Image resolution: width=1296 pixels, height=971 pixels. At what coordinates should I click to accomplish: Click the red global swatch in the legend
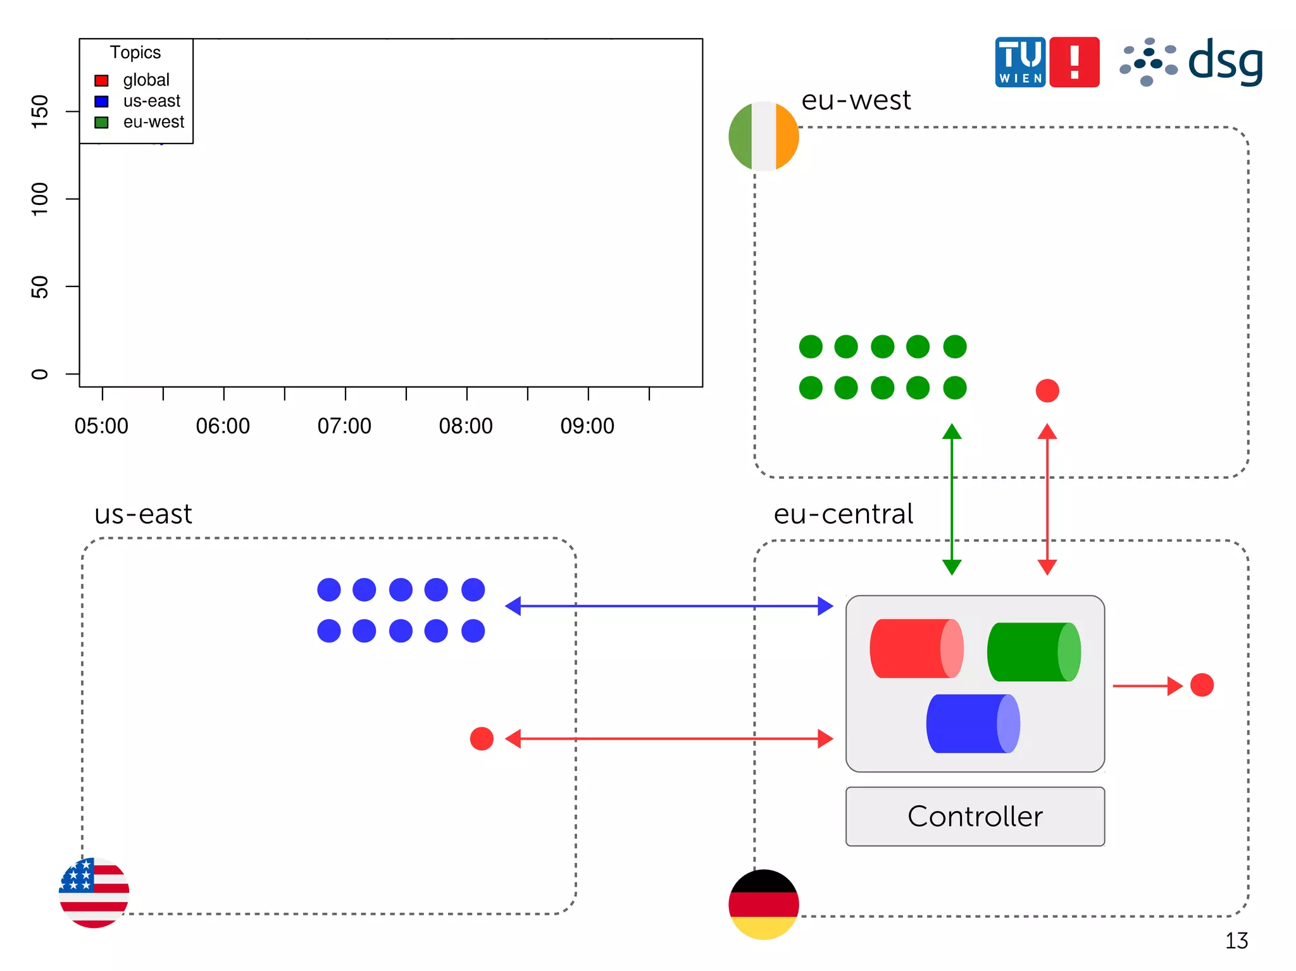point(101,80)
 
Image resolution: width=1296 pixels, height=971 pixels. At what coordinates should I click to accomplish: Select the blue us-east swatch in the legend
point(101,101)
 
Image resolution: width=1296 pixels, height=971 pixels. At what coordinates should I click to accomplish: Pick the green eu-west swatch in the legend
point(101,122)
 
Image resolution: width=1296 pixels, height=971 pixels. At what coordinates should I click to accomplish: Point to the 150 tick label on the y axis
point(39,111)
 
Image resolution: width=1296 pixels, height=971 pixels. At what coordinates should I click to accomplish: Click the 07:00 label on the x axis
point(344,426)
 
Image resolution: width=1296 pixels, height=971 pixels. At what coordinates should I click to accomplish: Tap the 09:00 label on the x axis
point(587,426)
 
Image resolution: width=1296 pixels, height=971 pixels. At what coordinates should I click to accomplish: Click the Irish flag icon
point(763,136)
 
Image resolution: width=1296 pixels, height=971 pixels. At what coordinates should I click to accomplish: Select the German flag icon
point(763,904)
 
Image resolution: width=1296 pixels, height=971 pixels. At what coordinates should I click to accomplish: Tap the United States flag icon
point(94,893)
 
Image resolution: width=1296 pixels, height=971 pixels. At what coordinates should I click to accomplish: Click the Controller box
point(975,816)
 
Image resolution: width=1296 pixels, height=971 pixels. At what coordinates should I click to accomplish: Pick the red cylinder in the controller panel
point(916,648)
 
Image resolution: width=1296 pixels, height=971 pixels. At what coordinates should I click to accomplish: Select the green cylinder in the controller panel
point(1033,652)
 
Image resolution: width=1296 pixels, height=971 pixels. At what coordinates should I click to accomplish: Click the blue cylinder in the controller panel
point(973,724)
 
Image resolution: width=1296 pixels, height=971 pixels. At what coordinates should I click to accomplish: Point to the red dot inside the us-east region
point(482,738)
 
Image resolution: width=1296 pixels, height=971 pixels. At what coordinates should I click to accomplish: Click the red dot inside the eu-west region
point(1047,390)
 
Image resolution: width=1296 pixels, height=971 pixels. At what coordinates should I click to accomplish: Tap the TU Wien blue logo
point(1019,62)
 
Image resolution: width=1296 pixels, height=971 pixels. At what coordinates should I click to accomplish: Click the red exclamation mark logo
point(1074,62)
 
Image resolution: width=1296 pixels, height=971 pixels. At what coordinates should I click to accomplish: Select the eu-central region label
point(843,514)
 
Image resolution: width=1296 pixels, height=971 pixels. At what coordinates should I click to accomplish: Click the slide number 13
point(1236,941)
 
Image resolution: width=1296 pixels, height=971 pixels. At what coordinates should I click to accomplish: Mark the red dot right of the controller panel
point(1202,684)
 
